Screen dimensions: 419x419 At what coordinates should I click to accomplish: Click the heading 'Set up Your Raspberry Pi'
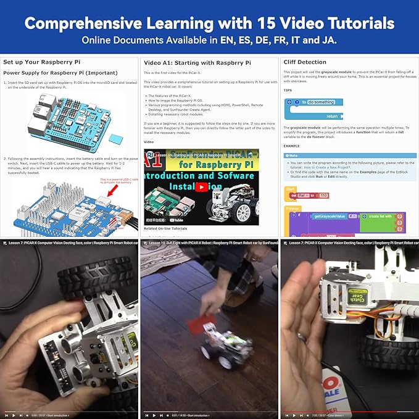tap(39, 62)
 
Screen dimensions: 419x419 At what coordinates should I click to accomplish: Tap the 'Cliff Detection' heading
tap(305, 62)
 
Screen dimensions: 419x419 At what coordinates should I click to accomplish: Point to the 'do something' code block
tap(321, 102)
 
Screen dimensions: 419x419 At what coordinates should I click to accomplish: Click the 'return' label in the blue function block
tap(332, 116)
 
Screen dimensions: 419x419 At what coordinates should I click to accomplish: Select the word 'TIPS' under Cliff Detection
tap(288, 90)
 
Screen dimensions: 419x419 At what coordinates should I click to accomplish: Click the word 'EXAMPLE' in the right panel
tap(292, 146)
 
